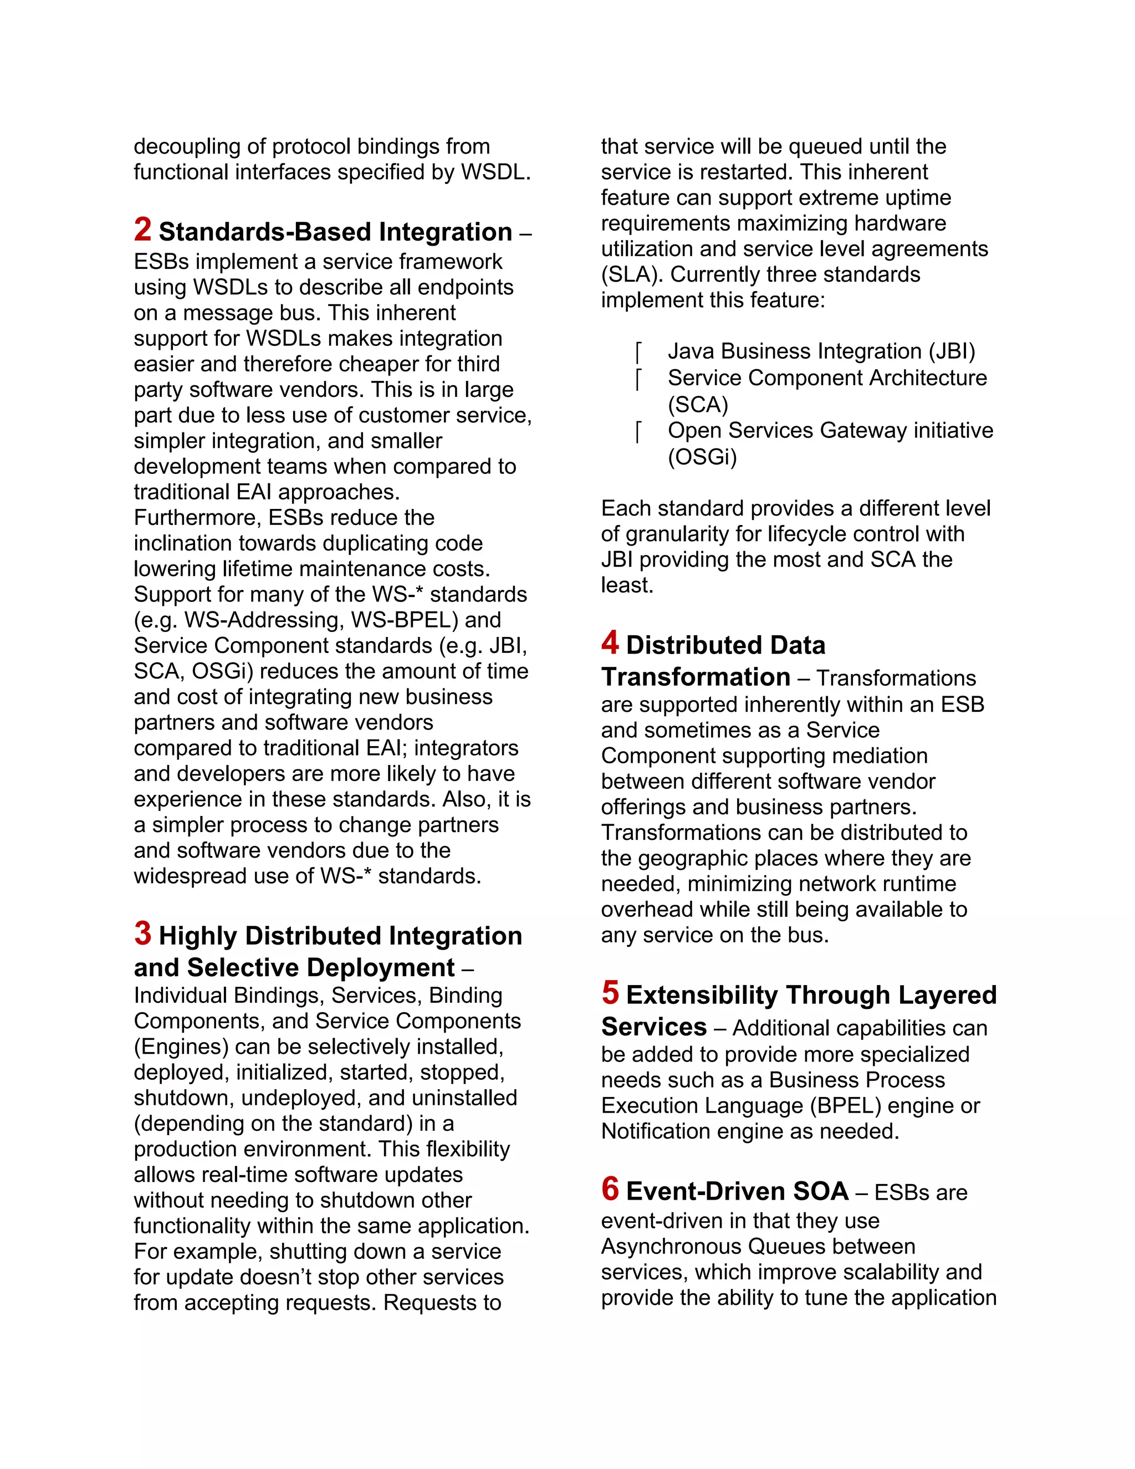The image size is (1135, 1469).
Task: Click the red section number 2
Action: pyautogui.click(x=142, y=229)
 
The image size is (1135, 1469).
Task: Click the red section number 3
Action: pyautogui.click(x=142, y=934)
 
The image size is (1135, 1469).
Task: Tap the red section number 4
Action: pyautogui.click(x=610, y=642)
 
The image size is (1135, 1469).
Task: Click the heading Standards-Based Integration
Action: pyautogui.click(x=335, y=232)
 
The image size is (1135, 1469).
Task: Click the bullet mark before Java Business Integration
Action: pyautogui.click(x=638, y=352)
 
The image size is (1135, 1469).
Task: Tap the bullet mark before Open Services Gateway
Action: pyautogui.click(x=638, y=431)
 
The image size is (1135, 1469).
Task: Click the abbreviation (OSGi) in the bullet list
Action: pyautogui.click(x=702, y=457)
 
